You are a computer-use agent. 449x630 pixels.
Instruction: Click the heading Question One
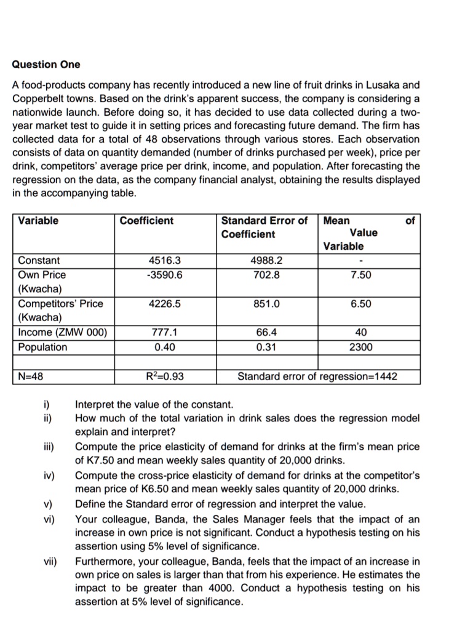click(46, 65)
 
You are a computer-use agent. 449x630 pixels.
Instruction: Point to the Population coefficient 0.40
click(164, 347)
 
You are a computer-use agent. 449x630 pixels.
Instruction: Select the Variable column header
click(38, 221)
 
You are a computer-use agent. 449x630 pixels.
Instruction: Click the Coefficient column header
click(146, 221)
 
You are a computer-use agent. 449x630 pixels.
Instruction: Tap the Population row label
click(42, 347)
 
